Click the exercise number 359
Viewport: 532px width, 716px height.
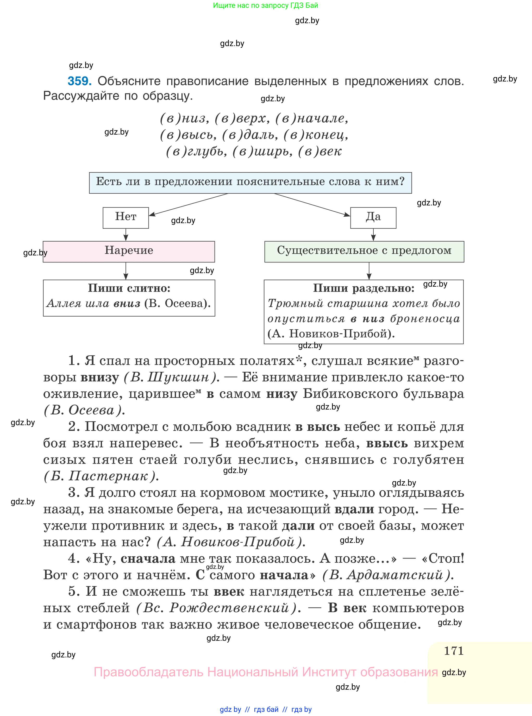(79, 81)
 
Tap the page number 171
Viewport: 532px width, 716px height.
(453, 651)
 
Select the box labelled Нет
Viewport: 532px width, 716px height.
(126, 218)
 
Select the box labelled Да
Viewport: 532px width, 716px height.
(373, 218)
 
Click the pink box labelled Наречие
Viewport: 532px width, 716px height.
(129, 252)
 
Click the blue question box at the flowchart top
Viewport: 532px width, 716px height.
(250, 183)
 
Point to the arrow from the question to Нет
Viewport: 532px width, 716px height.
(188, 204)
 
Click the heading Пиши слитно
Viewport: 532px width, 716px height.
(129, 288)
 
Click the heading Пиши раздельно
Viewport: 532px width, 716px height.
(364, 288)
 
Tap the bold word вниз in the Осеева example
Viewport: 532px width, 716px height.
(127, 303)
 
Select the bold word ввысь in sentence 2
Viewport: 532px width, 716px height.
(387, 443)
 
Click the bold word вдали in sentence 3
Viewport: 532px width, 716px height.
(354, 509)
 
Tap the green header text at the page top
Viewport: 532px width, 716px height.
(265, 5)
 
